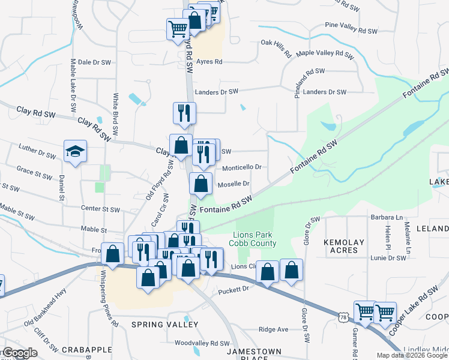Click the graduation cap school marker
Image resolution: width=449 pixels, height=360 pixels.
pos(76,152)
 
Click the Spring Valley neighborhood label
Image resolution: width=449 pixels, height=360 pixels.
pos(164,325)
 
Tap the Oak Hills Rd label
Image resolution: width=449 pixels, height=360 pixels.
pos(276,47)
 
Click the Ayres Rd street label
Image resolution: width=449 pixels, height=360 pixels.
pos(209,62)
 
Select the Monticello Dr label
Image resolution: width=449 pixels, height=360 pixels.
pos(242,167)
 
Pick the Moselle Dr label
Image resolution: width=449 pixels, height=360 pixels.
pos(233,184)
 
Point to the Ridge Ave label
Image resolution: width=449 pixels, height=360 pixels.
pos(273,329)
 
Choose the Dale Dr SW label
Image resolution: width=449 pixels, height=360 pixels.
pos(95,62)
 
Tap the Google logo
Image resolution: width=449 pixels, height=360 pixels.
pos(19,353)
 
